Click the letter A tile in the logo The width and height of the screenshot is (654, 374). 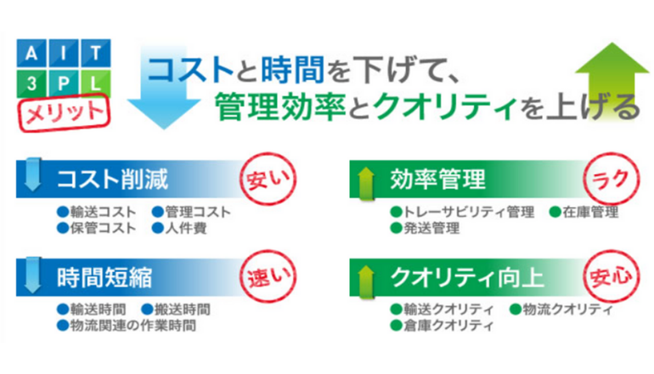31,53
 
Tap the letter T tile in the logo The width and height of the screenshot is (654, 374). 95,53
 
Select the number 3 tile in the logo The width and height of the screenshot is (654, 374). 31,83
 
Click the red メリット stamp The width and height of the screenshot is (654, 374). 64,113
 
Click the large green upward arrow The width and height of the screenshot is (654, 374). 612,79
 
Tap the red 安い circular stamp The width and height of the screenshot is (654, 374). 268,179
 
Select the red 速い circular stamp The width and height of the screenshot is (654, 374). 268,276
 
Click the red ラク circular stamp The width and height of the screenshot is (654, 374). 611,179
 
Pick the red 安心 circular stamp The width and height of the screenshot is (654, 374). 611,276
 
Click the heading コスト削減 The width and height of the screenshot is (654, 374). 112,179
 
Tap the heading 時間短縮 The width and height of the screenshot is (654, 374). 104,278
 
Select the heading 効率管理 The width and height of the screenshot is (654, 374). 437,179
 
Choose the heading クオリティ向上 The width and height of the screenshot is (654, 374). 467,278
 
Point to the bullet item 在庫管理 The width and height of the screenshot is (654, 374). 584,212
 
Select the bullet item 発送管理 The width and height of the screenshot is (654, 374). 425,229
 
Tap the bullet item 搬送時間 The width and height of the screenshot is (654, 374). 176,309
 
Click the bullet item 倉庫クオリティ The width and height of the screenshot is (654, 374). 442,326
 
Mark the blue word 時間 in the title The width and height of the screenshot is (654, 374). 292,70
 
